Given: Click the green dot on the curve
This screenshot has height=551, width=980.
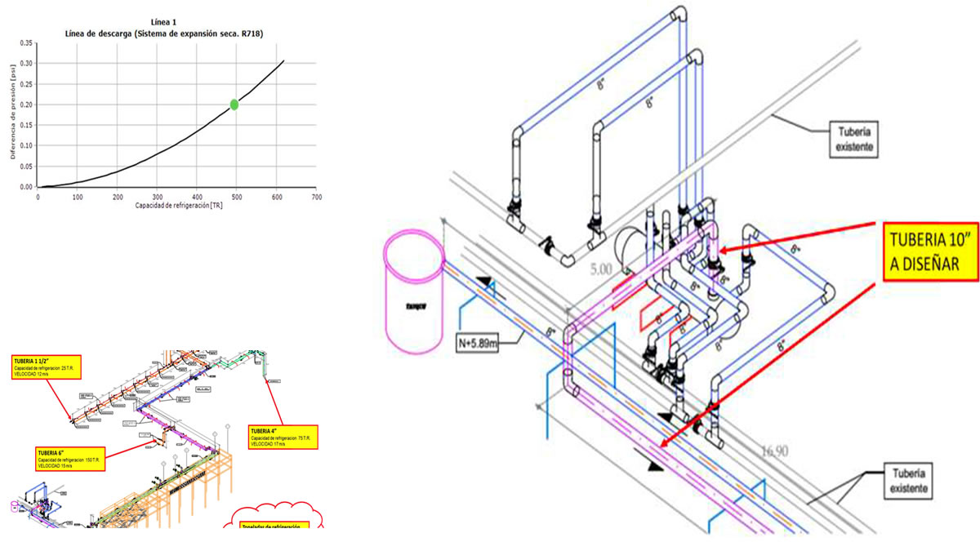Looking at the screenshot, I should click(x=234, y=104).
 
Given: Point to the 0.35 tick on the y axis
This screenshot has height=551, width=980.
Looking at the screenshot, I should click(x=26, y=42).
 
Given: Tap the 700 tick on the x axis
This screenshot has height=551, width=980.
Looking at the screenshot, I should click(x=317, y=197).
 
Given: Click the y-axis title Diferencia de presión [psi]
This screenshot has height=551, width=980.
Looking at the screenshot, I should click(x=13, y=114).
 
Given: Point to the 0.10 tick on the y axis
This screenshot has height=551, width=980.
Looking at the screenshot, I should click(x=26, y=145).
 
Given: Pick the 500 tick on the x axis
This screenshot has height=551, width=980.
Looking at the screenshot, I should click(x=237, y=197).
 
